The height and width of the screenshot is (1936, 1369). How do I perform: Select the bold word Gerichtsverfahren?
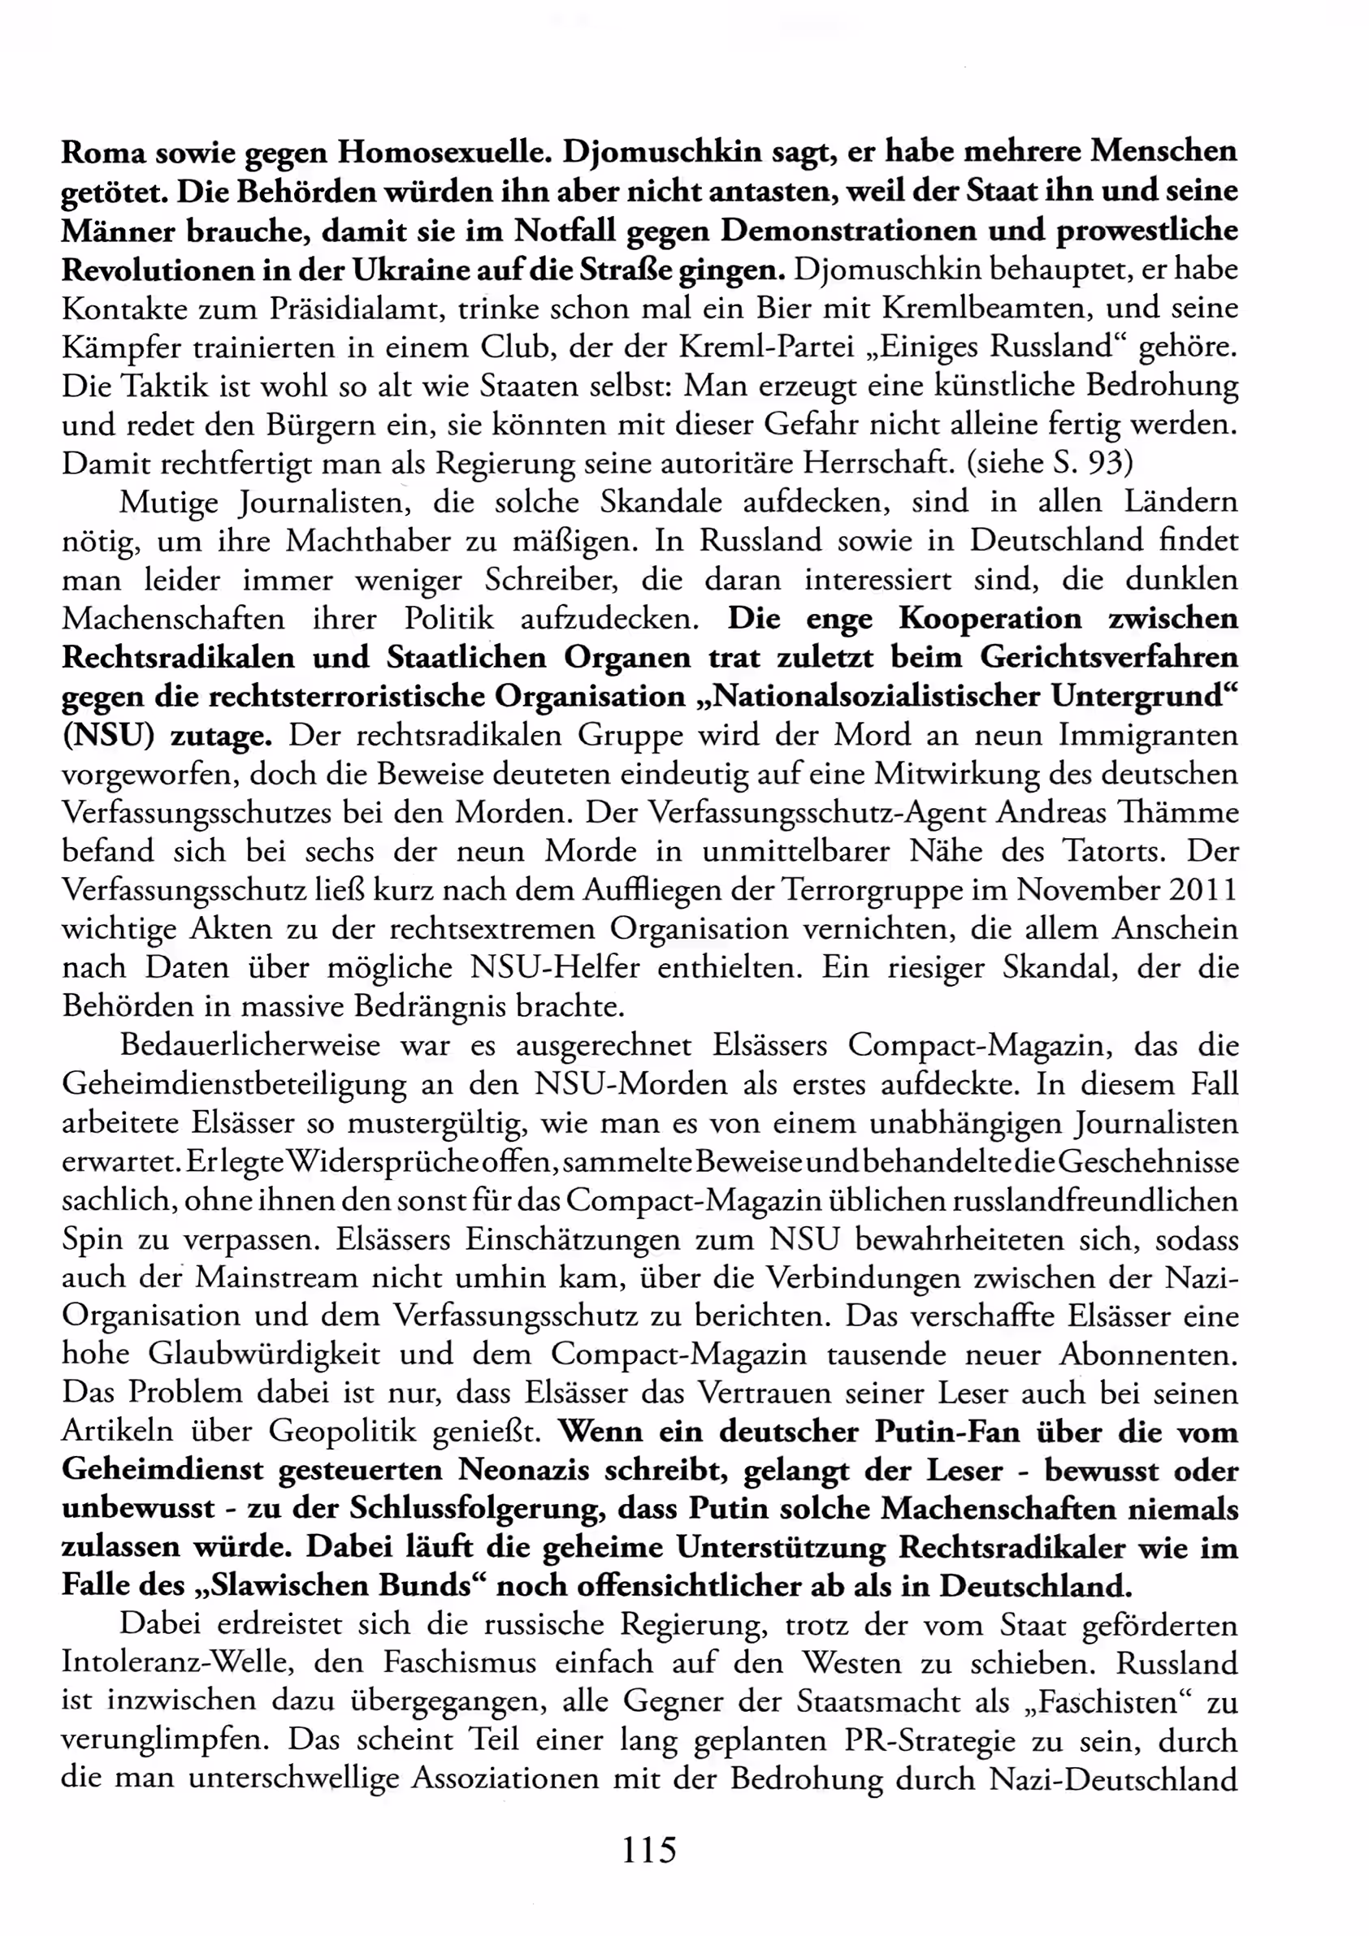coord(1109,657)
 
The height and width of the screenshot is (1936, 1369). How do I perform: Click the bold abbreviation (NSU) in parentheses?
coord(108,736)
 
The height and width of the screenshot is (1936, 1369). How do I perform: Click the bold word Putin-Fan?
coord(947,1433)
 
